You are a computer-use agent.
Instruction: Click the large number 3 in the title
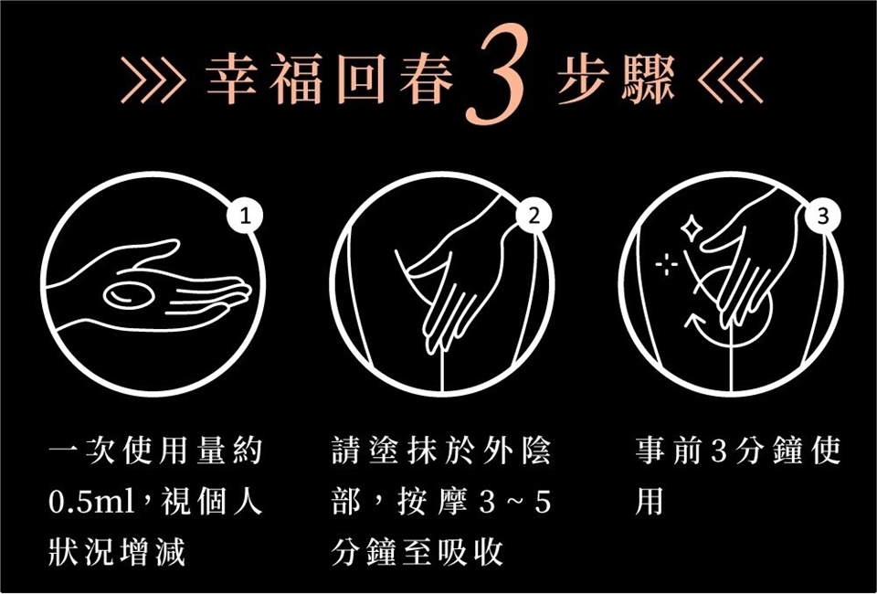click(x=495, y=76)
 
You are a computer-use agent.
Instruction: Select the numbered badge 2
click(x=534, y=217)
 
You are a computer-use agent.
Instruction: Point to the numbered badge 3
click(x=821, y=217)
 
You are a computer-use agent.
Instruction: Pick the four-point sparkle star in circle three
click(x=692, y=228)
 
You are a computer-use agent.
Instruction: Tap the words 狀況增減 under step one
click(x=117, y=554)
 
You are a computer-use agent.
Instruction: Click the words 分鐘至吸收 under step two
click(x=417, y=554)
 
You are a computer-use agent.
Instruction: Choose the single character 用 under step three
click(x=649, y=502)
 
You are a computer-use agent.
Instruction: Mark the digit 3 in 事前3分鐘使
click(x=719, y=452)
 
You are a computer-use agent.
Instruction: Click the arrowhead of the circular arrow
click(x=694, y=321)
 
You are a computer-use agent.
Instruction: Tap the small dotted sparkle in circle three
click(x=667, y=264)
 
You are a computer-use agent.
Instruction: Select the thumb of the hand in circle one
click(x=153, y=253)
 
